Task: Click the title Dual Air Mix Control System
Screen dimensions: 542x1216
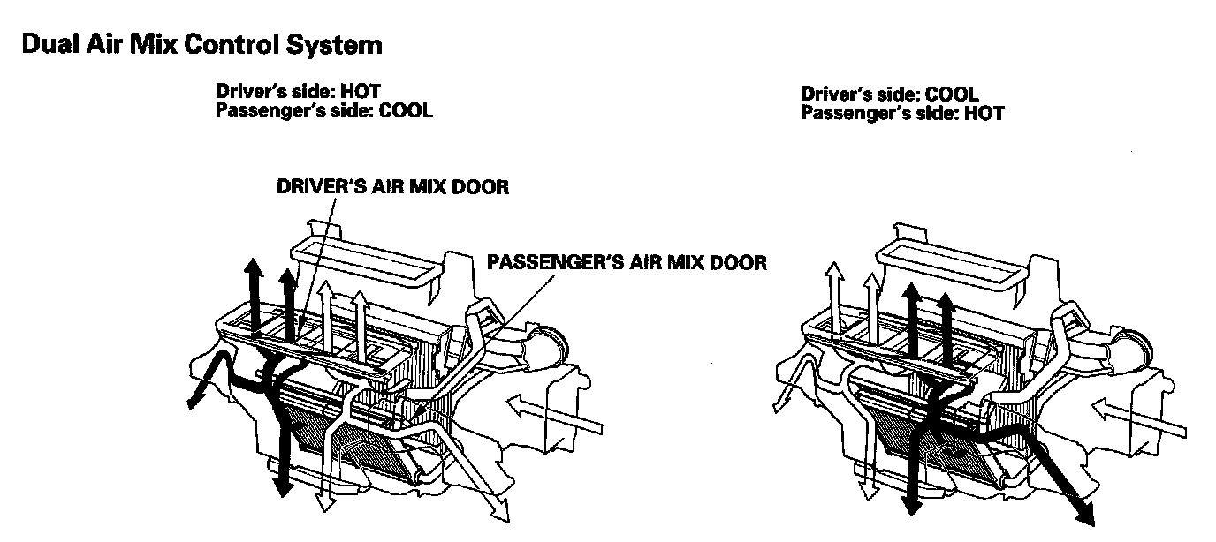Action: tap(201, 45)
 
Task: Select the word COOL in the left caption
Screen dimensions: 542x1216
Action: tap(406, 112)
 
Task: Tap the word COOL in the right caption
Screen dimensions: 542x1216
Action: tap(952, 94)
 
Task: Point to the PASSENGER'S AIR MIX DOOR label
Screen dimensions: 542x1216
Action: tap(627, 262)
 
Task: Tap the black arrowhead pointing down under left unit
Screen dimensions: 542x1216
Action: tap(284, 486)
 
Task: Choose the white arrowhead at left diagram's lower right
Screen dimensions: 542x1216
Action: tap(505, 510)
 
